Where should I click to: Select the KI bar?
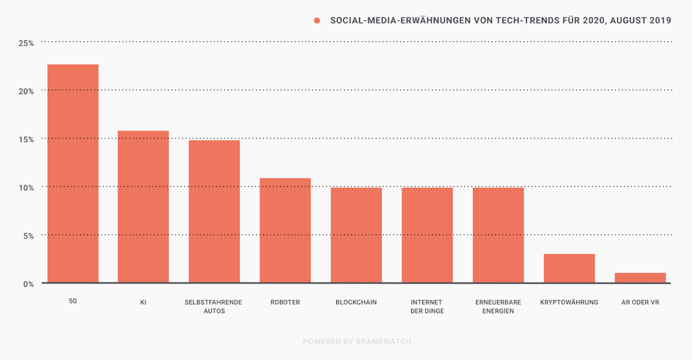click(x=143, y=207)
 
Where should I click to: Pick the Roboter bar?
click(x=285, y=230)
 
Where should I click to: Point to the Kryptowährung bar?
click(x=569, y=268)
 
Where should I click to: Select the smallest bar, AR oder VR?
click(x=640, y=278)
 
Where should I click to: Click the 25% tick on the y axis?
click(x=26, y=43)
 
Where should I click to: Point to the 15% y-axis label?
click(x=26, y=139)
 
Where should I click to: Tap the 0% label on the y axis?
click(x=28, y=284)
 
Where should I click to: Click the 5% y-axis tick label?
click(x=28, y=236)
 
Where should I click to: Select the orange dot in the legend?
click(x=317, y=20)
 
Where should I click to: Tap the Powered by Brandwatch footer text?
click(x=356, y=341)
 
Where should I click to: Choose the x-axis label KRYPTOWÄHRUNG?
click(x=569, y=302)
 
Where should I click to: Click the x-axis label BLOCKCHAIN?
click(x=356, y=302)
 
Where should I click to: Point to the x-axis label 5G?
click(x=73, y=302)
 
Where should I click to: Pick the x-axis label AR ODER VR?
click(x=640, y=302)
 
